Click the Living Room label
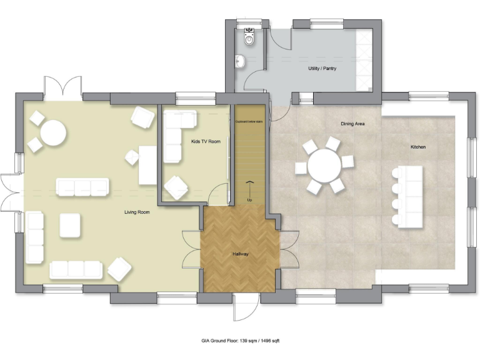[x=137, y=212]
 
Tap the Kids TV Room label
[x=206, y=142]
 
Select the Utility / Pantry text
[x=322, y=68]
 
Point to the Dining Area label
[x=352, y=124]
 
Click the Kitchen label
[x=418, y=146]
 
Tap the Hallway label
[x=240, y=254]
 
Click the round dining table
[x=324, y=166]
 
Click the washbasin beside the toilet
[x=241, y=61]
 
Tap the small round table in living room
[x=52, y=132]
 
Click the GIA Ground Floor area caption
[x=240, y=341]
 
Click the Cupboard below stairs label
[x=249, y=122]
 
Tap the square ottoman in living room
[x=70, y=225]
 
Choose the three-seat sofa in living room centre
[x=82, y=187]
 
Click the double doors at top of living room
[x=62, y=88]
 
